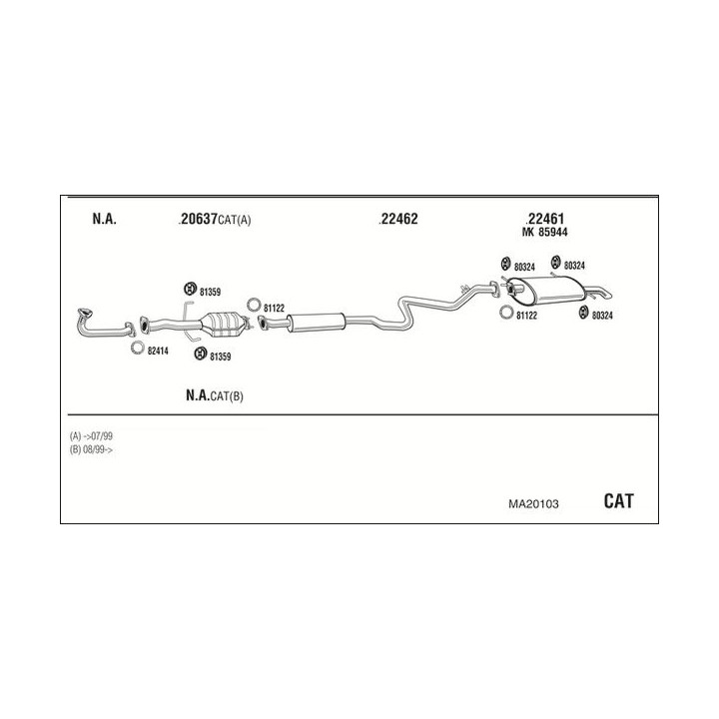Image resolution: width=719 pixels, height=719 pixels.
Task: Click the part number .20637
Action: click(x=198, y=219)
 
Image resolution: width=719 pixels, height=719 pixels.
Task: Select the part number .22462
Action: click(x=398, y=219)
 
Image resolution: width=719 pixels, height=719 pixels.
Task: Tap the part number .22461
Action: click(x=544, y=219)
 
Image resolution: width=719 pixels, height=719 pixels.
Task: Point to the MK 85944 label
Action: click(x=545, y=233)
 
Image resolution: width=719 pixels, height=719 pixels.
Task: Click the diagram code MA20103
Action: click(x=533, y=504)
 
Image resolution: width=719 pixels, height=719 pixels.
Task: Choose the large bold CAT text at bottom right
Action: click(x=618, y=501)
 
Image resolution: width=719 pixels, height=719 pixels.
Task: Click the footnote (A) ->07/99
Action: click(x=91, y=435)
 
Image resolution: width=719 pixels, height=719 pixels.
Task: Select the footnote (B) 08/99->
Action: click(x=91, y=449)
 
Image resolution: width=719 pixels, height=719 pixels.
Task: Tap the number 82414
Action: click(x=158, y=352)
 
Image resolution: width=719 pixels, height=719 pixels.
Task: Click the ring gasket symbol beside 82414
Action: click(x=137, y=348)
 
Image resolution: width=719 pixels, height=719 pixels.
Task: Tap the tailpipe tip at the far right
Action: click(x=607, y=294)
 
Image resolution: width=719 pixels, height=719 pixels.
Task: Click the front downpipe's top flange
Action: click(x=85, y=313)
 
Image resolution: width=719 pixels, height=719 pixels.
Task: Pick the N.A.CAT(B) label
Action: click(x=215, y=395)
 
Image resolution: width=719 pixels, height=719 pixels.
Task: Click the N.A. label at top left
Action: click(x=105, y=219)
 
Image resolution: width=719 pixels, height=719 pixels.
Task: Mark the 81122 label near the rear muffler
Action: click(x=526, y=316)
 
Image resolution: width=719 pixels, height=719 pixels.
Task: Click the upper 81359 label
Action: click(x=210, y=292)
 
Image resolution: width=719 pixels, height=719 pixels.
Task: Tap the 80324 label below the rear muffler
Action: click(x=602, y=316)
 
